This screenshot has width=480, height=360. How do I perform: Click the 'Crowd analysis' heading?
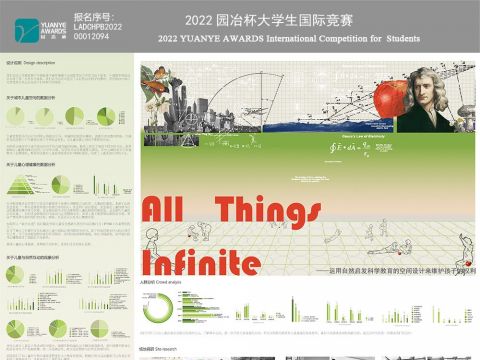(157, 283)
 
